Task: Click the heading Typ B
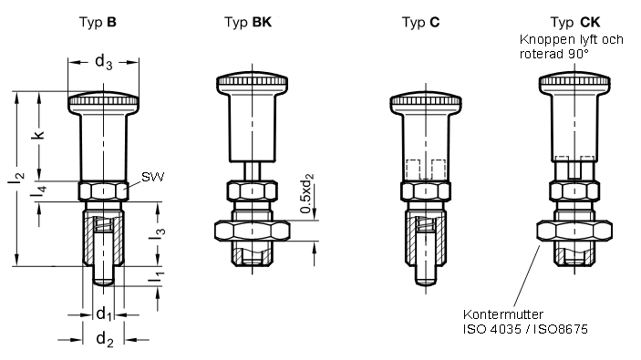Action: click(x=98, y=22)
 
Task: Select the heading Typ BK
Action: click(x=248, y=22)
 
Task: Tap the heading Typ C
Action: click(x=420, y=22)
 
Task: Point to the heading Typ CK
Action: click(x=575, y=22)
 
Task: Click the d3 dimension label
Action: click(x=103, y=62)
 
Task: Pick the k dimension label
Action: click(x=38, y=135)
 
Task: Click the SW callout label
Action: click(x=152, y=177)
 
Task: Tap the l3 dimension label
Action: click(x=157, y=233)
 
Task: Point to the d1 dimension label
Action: click(x=104, y=314)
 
